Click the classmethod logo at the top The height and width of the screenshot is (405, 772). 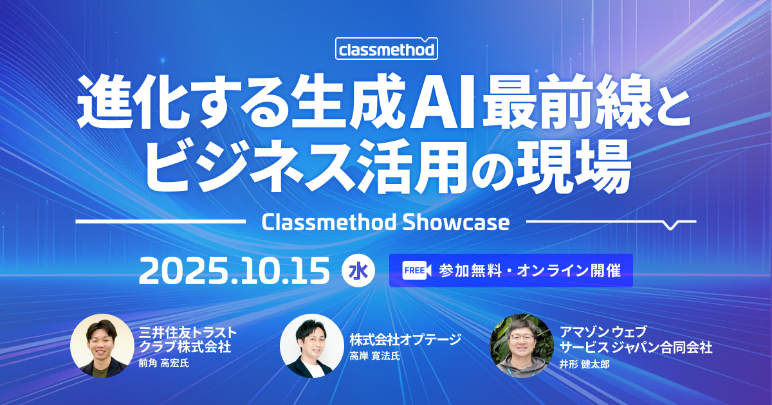click(x=387, y=49)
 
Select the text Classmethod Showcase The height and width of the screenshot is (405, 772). click(x=385, y=222)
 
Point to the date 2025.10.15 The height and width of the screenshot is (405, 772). click(x=234, y=271)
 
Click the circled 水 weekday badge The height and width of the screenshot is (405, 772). click(x=358, y=271)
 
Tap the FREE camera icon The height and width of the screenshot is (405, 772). click(x=417, y=271)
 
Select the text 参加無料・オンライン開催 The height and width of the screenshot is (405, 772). click(x=529, y=271)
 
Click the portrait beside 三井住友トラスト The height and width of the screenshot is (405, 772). click(x=102, y=345)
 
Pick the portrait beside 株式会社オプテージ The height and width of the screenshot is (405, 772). click(x=312, y=345)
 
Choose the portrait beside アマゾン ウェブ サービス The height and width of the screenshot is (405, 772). click(x=522, y=345)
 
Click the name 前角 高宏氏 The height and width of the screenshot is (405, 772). click(x=163, y=363)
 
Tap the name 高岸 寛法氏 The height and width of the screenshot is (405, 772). click(x=374, y=356)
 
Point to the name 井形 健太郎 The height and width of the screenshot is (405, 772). click(x=585, y=364)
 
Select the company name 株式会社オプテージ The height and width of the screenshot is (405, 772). click(x=405, y=339)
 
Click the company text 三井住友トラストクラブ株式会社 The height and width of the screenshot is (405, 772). click(x=188, y=339)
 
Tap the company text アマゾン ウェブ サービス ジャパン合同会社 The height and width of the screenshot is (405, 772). click(x=636, y=340)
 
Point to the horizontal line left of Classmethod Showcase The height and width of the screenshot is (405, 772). click(x=160, y=221)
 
